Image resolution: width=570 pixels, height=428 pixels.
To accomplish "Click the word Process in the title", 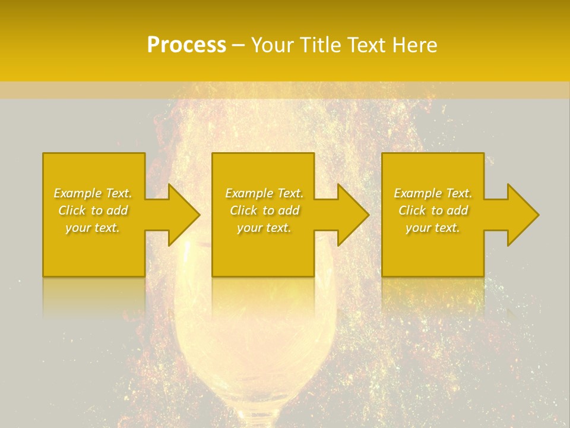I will click(186, 45).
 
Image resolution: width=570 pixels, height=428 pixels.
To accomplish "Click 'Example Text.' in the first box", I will click(93, 193).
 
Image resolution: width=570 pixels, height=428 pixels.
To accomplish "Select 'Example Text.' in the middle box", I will click(264, 193).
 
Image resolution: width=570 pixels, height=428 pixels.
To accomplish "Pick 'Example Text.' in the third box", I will click(433, 193).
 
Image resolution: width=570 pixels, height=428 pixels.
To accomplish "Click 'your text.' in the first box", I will click(93, 228).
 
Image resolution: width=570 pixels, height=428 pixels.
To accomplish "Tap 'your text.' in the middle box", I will click(264, 228).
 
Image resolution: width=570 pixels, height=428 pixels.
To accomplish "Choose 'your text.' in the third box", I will click(433, 228).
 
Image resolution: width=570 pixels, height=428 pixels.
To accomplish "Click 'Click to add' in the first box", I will click(93, 210).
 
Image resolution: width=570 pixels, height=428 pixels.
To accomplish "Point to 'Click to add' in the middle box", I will click(264, 210).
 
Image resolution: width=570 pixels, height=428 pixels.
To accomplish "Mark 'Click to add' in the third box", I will click(433, 210).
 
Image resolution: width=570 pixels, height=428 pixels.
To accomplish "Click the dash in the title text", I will click(238, 45).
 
